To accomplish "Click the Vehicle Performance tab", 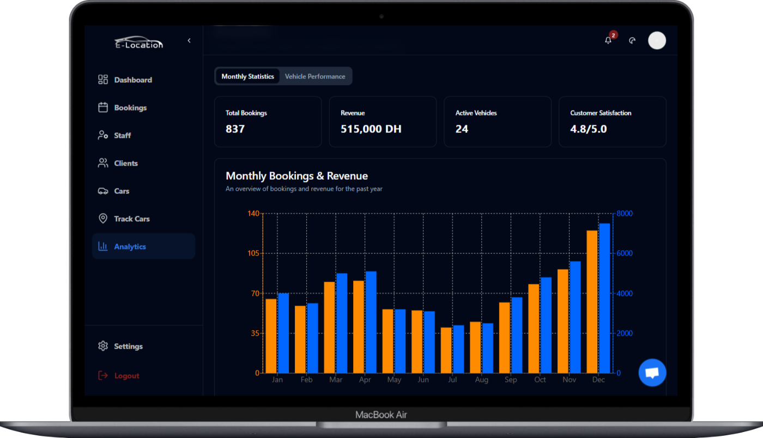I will click(315, 76).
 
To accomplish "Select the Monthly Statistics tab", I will click(247, 76).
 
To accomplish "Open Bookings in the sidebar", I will click(130, 108).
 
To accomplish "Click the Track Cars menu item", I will click(131, 219).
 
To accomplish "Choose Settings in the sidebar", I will click(128, 346).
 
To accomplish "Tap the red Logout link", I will click(126, 376).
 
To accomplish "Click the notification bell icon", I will click(608, 40).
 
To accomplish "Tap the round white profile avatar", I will click(657, 40).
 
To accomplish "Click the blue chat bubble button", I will click(652, 373).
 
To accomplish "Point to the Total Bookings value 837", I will click(235, 129).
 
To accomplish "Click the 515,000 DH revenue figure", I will click(371, 129).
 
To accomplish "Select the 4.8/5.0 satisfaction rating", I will click(589, 129).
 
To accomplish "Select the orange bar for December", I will click(592, 302).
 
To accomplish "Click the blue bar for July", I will click(458, 349).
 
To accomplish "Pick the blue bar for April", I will click(371, 322).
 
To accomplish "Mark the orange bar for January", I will click(271, 336).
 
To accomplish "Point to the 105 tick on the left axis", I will click(253, 253).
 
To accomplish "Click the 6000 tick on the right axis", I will click(625, 253).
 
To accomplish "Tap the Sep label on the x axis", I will click(511, 380).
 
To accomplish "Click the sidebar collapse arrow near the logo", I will click(189, 41).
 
